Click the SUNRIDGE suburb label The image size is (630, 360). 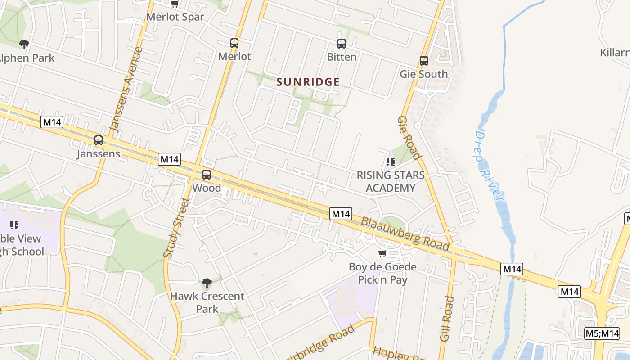308,82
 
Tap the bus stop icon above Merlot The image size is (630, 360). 234,43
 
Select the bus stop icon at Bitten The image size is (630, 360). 342,44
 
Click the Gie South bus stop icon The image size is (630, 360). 424,61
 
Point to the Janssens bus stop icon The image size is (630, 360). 99,140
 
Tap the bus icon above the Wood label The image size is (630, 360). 207,175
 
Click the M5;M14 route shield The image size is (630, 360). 602,333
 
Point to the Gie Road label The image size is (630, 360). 409,138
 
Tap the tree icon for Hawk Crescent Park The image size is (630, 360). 207,283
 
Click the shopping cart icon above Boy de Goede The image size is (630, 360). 382,254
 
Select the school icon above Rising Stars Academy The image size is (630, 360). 391,162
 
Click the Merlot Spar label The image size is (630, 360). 175,17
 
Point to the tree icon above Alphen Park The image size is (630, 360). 24,44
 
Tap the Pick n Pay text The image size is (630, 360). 382,279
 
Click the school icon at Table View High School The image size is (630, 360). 14,225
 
